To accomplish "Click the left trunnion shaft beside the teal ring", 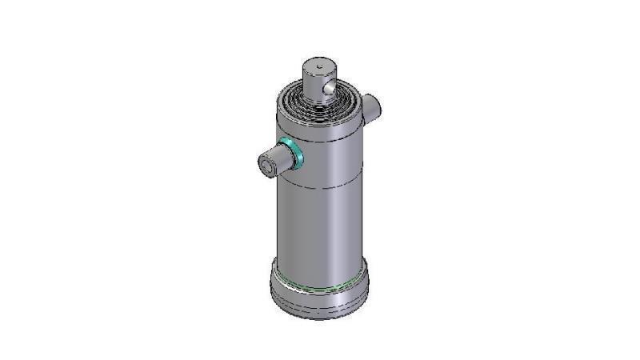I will pyautogui.click(x=276, y=160).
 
